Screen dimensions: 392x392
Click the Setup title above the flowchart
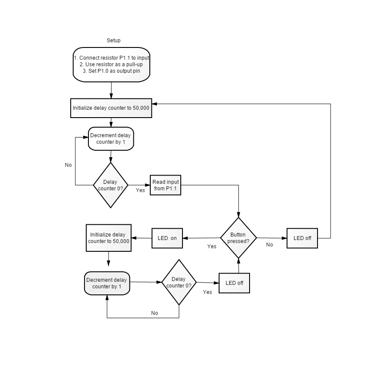114,41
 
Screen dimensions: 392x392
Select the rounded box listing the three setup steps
112,64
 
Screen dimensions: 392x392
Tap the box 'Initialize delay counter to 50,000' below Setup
111,108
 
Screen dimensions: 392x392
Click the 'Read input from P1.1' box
166,185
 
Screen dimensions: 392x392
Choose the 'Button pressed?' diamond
239,238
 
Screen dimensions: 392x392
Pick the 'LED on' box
167,238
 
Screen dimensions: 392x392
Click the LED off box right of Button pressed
302,238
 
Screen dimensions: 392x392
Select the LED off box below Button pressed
234,283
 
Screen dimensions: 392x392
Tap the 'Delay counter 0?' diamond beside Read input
111,185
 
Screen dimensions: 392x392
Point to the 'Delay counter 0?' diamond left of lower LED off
179,282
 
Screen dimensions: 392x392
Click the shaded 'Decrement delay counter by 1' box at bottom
107,283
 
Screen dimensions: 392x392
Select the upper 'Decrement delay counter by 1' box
111,139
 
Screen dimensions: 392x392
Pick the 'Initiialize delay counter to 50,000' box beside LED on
108,238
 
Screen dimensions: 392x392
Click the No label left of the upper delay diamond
68,165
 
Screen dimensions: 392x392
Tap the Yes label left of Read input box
140,190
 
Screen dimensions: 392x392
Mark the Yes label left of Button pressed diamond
212,247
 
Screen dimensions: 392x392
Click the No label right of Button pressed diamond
270,245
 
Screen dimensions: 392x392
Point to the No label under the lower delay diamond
155,313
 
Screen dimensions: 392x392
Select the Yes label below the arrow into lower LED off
207,292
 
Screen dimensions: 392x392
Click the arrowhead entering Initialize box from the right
154,104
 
